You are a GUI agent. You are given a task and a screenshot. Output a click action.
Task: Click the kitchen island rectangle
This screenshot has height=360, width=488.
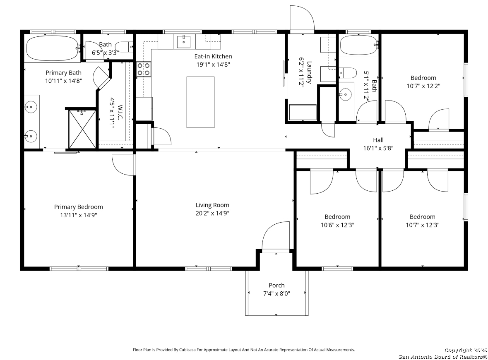pyautogui.click(x=200, y=102)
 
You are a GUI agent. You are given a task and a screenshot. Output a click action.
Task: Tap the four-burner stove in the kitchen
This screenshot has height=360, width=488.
pyautogui.click(x=144, y=69)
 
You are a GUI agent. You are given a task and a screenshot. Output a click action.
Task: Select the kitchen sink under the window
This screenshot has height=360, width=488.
pyautogui.click(x=184, y=42)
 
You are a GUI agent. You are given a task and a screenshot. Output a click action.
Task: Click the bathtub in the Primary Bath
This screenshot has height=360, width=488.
pyautogui.click(x=52, y=48)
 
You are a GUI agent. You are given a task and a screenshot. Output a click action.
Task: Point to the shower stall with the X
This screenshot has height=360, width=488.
pyautogui.click(x=82, y=129)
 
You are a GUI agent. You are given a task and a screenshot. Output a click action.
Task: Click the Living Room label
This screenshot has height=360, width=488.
pyautogui.click(x=212, y=205)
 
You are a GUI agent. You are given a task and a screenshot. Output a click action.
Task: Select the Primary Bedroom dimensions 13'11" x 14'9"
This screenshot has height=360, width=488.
pyautogui.click(x=79, y=215)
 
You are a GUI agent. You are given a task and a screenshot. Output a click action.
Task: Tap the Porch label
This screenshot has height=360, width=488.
pyautogui.click(x=276, y=285)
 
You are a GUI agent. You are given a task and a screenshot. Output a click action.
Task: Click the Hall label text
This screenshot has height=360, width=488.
pyautogui.click(x=378, y=140)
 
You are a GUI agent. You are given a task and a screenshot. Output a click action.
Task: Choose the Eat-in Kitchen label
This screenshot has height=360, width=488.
pyautogui.click(x=213, y=56)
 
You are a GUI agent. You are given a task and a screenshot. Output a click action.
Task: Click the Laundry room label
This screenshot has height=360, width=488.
pyautogui.click(x=309, y=72)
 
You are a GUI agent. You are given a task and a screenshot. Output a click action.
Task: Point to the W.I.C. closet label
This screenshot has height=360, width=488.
pyautogui.click(x=120, y=112)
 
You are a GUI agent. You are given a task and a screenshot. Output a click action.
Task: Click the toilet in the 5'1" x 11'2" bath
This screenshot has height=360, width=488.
pyautogui.click(x=348, y=73)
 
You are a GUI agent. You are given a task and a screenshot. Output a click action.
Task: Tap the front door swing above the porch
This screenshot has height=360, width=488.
pyautogui.click(x=276, y=235)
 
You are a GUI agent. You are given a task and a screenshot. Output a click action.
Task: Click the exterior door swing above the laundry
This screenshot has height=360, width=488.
pyautogui.click(x=302, y=19)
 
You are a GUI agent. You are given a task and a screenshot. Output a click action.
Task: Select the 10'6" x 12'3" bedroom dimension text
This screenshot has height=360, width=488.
pyautogui.click(x=337, y=225)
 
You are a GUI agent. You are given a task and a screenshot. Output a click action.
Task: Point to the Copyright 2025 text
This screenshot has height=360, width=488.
pyautogui.click(x=465, y=350)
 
